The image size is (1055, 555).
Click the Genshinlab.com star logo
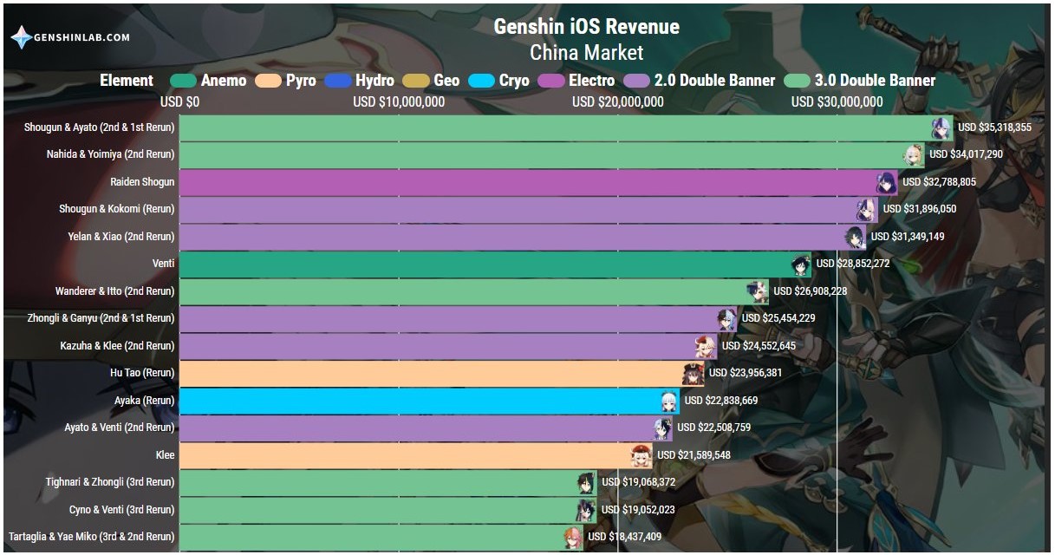tap(21, 37)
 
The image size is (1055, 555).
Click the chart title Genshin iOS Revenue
tap(586, 26)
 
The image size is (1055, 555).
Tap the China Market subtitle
tap(586, 52)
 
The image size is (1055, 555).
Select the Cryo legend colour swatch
tap(481, 81)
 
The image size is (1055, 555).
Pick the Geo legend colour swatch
tap(416, 81)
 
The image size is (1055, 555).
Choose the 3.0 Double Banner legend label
tap(875, 80)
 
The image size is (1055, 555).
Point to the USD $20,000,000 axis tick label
tap(617, 101)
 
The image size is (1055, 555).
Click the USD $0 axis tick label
tap(179, 101)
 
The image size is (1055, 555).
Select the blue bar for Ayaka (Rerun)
tap(429, 401)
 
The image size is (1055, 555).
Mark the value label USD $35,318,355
tap(994, 127)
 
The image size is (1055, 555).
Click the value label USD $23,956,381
tap(746, 373)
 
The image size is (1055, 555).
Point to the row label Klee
tap(165, 455)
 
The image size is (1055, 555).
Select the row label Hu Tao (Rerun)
tap(142, 373)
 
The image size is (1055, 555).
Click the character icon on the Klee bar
tap(641, 456)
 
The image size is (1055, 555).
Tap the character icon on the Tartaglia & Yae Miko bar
tap(573, 538)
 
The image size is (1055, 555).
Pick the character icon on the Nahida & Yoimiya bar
tap(914, 156)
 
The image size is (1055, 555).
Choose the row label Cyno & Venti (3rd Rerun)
tap(121, 510)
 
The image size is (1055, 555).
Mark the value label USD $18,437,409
tap(624, 537)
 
